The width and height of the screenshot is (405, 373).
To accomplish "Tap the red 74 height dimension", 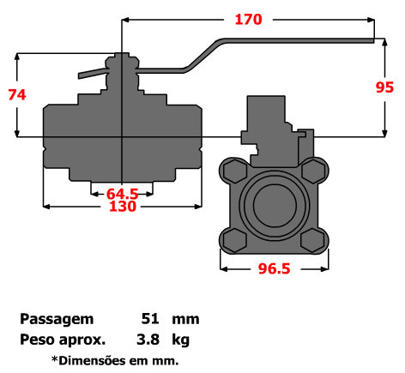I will [x=16, y=94].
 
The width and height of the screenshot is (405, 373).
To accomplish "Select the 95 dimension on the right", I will [x=386, y=87].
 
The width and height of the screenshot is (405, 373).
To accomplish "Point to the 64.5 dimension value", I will [x=122, y=194].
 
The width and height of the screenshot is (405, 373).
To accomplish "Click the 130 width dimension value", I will [x=122, y=207].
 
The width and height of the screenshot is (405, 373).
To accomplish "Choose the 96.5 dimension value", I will [x=275, y=268].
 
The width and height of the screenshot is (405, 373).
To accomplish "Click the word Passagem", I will [x=56, y=319].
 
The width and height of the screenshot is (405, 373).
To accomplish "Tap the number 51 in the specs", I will [x=148, y=319].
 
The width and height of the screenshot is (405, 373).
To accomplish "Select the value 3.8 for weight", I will [x=148, y=338].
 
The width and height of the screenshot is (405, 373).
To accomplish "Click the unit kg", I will [x=181, y=338].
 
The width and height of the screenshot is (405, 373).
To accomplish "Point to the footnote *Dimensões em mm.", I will [x=115, y=359].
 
